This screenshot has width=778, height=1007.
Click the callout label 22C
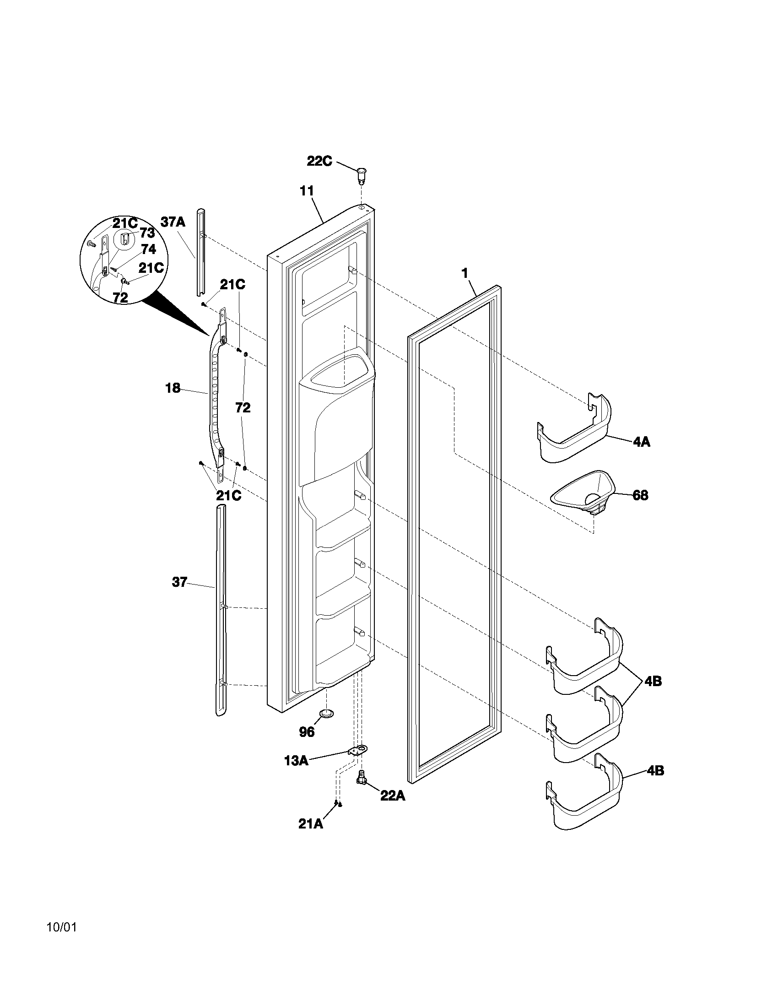pyautogui.click(x=319, y=162)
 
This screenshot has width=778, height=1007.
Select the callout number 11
pyautogui.click(x=307, y=190)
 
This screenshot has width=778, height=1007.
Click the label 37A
pyautogui.click(x=173, y=222)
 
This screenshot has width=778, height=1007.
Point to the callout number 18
pyautogui.click(x=173, y=388)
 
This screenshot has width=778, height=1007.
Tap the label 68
pyautogui.click(x=640, y=496)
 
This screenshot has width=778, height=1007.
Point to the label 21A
pyautogui.click(x=310, y=824)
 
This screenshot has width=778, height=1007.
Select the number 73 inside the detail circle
pyautogui.click(x=147, y=233)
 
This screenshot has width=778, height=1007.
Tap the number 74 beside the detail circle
pyautogui.click(x=148, y=249)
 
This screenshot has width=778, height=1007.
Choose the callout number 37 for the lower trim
pyautogui.click(x=179, y=582)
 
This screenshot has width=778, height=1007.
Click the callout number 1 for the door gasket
pyautogui.click(x=465, y=273)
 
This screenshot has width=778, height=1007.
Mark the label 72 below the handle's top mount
pyautogui.click(x=243, y=407)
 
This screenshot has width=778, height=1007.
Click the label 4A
pyautogui.click(x=641, y=442)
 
